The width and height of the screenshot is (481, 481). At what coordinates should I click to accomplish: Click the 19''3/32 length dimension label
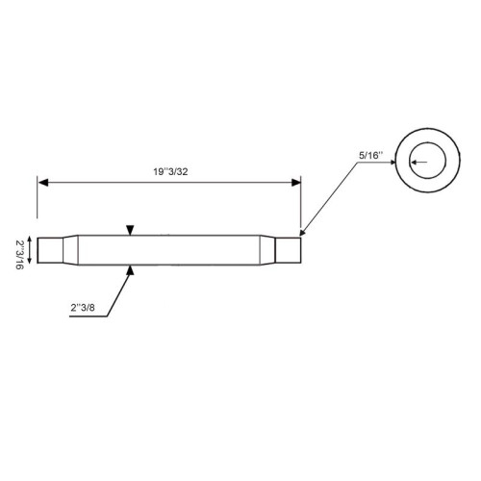point(170,172)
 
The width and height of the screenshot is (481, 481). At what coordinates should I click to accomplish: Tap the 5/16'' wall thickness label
point(371,156)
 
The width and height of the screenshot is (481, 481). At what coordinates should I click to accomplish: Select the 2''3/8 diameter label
point(83,308)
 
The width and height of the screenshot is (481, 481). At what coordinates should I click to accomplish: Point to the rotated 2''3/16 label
point(19,255)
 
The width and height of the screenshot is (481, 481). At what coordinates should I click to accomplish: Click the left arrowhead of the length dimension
point(43,183)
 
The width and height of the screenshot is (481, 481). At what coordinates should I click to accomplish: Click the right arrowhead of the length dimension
point(296,183)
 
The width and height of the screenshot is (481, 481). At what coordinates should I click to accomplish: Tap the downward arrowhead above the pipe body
point(130,230)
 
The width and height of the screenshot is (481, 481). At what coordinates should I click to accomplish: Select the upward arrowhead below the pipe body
point(130,270)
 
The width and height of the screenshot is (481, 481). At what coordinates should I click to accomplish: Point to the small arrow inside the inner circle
point(419,163)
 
